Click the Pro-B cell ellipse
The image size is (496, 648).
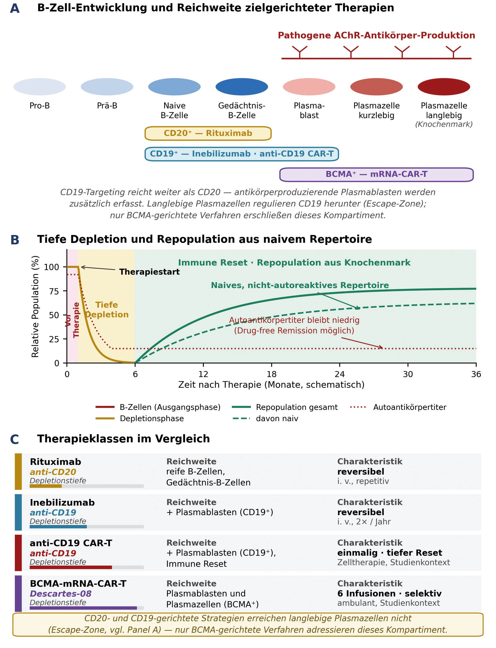coord(39,87)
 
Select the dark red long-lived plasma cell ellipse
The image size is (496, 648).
coord(444,87)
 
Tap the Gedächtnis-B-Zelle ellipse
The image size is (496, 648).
coord(242,87)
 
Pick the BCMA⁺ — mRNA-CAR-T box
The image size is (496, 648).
coord(376,174)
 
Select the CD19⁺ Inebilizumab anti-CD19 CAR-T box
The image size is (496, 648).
coord(242,154)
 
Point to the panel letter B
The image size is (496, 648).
coord(15,240)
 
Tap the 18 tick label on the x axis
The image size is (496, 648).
coord(271,374)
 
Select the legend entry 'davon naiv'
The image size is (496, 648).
coord(265,418)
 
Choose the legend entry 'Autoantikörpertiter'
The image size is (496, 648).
coord(398,407)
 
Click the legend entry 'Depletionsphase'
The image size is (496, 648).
coord(140,418)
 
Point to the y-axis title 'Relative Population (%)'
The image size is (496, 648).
coord(35,306)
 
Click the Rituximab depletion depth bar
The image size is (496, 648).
coord(87,486)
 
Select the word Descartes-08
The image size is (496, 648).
coord(60,593)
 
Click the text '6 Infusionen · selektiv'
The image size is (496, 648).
coord(389,593)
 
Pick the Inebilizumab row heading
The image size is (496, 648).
coord(62,503)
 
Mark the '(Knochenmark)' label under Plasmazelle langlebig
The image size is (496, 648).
coord(444,124)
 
